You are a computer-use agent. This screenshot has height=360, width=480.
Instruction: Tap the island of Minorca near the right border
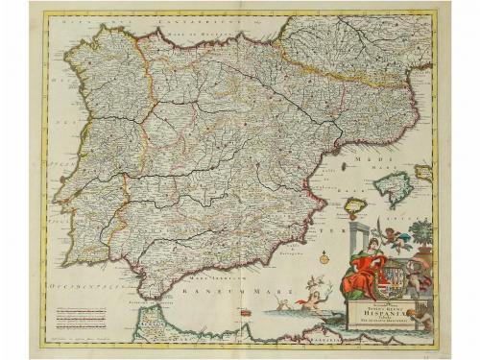pyautogui.click(x=423, y=172)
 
